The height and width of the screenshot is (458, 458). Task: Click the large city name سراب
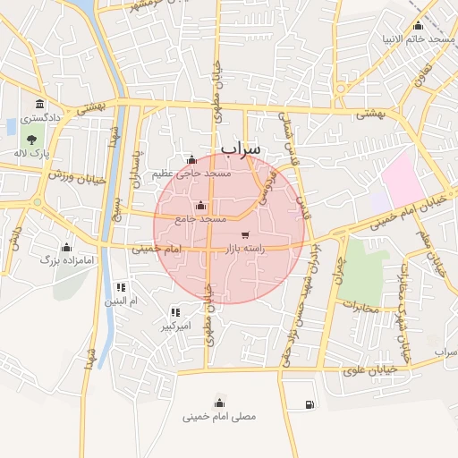240,148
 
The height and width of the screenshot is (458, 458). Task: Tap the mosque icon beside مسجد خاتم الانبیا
419,25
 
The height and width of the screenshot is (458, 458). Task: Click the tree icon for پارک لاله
32,140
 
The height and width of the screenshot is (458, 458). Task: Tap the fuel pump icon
310,405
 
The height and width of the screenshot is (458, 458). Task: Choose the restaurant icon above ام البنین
121,287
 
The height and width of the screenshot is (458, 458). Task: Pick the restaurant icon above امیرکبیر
175,312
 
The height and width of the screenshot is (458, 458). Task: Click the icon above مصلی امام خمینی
219,403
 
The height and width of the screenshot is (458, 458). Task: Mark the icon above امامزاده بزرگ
65,247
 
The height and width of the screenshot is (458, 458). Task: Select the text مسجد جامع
199,218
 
